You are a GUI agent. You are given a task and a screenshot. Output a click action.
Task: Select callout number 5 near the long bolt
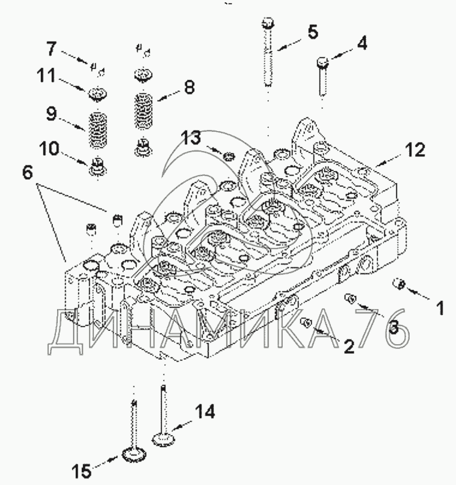pos(312,32)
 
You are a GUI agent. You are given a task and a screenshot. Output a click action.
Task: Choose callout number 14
pos(205,412)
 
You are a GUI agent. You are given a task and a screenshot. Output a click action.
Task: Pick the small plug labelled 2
pos(306,323)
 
